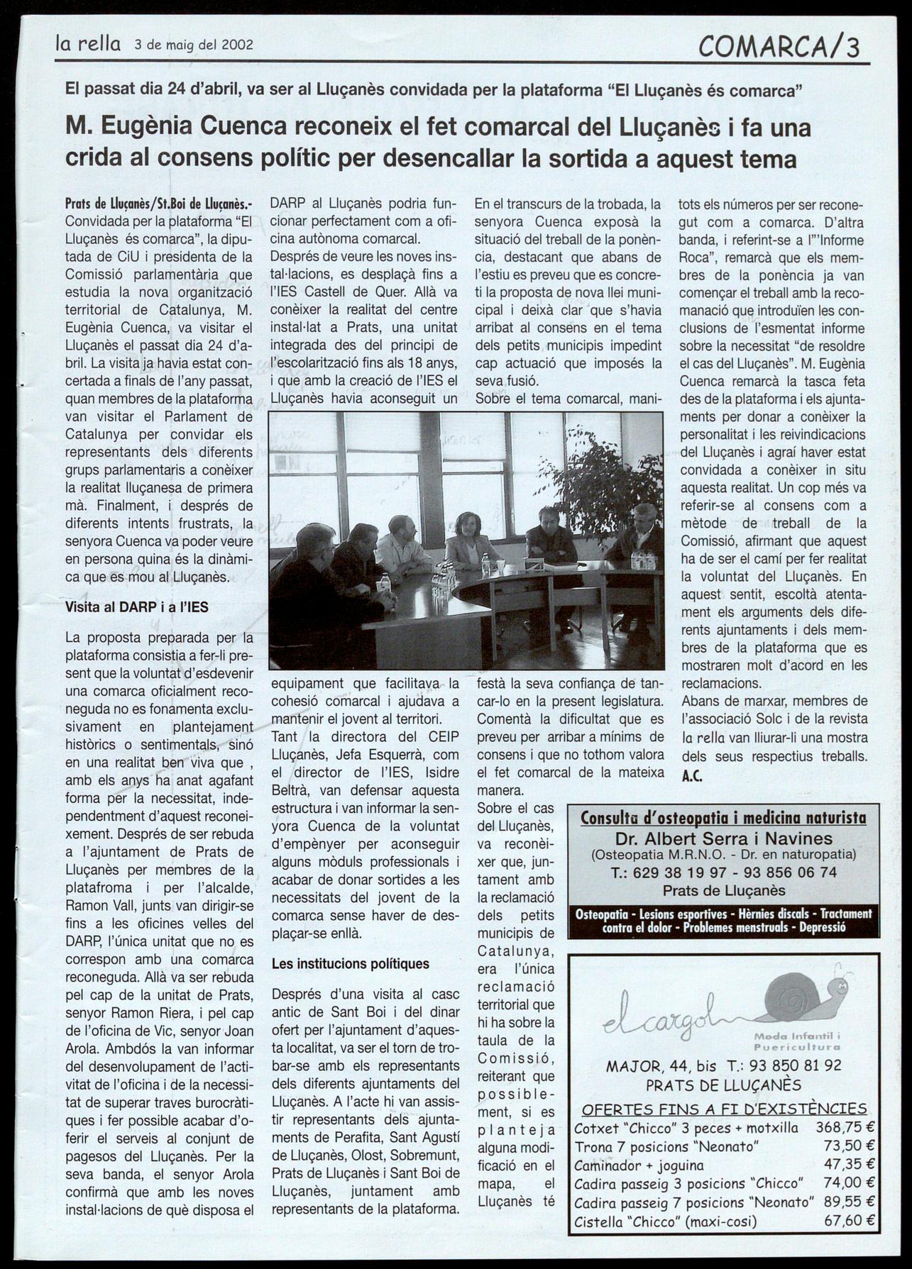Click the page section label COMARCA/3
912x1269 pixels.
(778, 47)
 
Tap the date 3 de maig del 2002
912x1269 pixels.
(193, 46)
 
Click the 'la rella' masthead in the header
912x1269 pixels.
(89, 45)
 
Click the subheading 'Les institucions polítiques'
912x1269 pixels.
(351, 964)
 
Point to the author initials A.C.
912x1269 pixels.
(692, 776)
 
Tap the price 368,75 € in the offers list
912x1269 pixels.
(845, 1128)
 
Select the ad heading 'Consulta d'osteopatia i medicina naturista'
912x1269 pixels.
(723, 818)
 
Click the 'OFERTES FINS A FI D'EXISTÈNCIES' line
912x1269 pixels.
(724, 1109)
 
